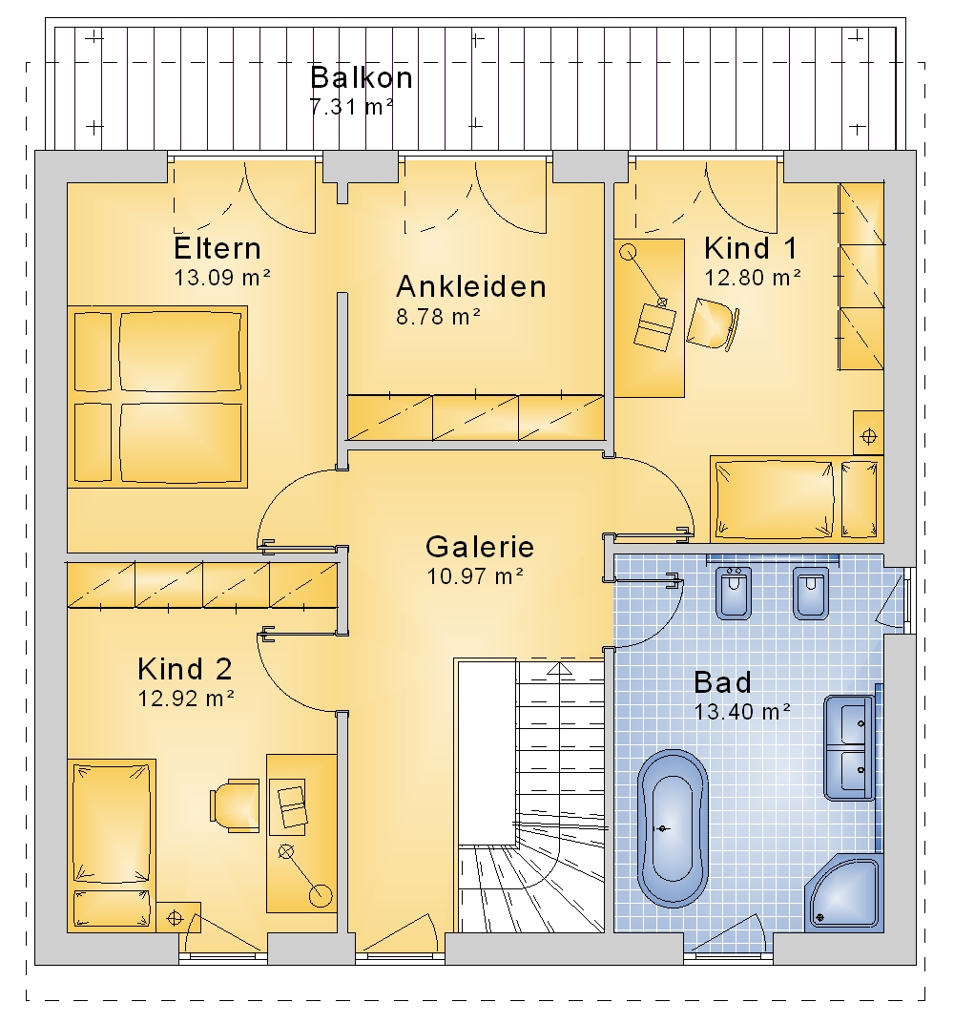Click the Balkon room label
point(362,77)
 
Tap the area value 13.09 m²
point(222,278)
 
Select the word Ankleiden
point(471,286)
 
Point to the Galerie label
point(479,547)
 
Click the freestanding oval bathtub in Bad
point(672,828)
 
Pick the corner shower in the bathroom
point(844,890)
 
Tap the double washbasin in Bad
point(850,747)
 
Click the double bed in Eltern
point(157,397)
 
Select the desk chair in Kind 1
point(713,324)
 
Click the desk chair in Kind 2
point(235,805)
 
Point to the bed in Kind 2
point(112,845)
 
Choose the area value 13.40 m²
point(742,711)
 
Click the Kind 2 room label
point(184,669)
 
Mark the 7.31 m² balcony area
point(351,106)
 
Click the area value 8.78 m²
point(438,317)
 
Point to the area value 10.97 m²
point(475,576)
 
